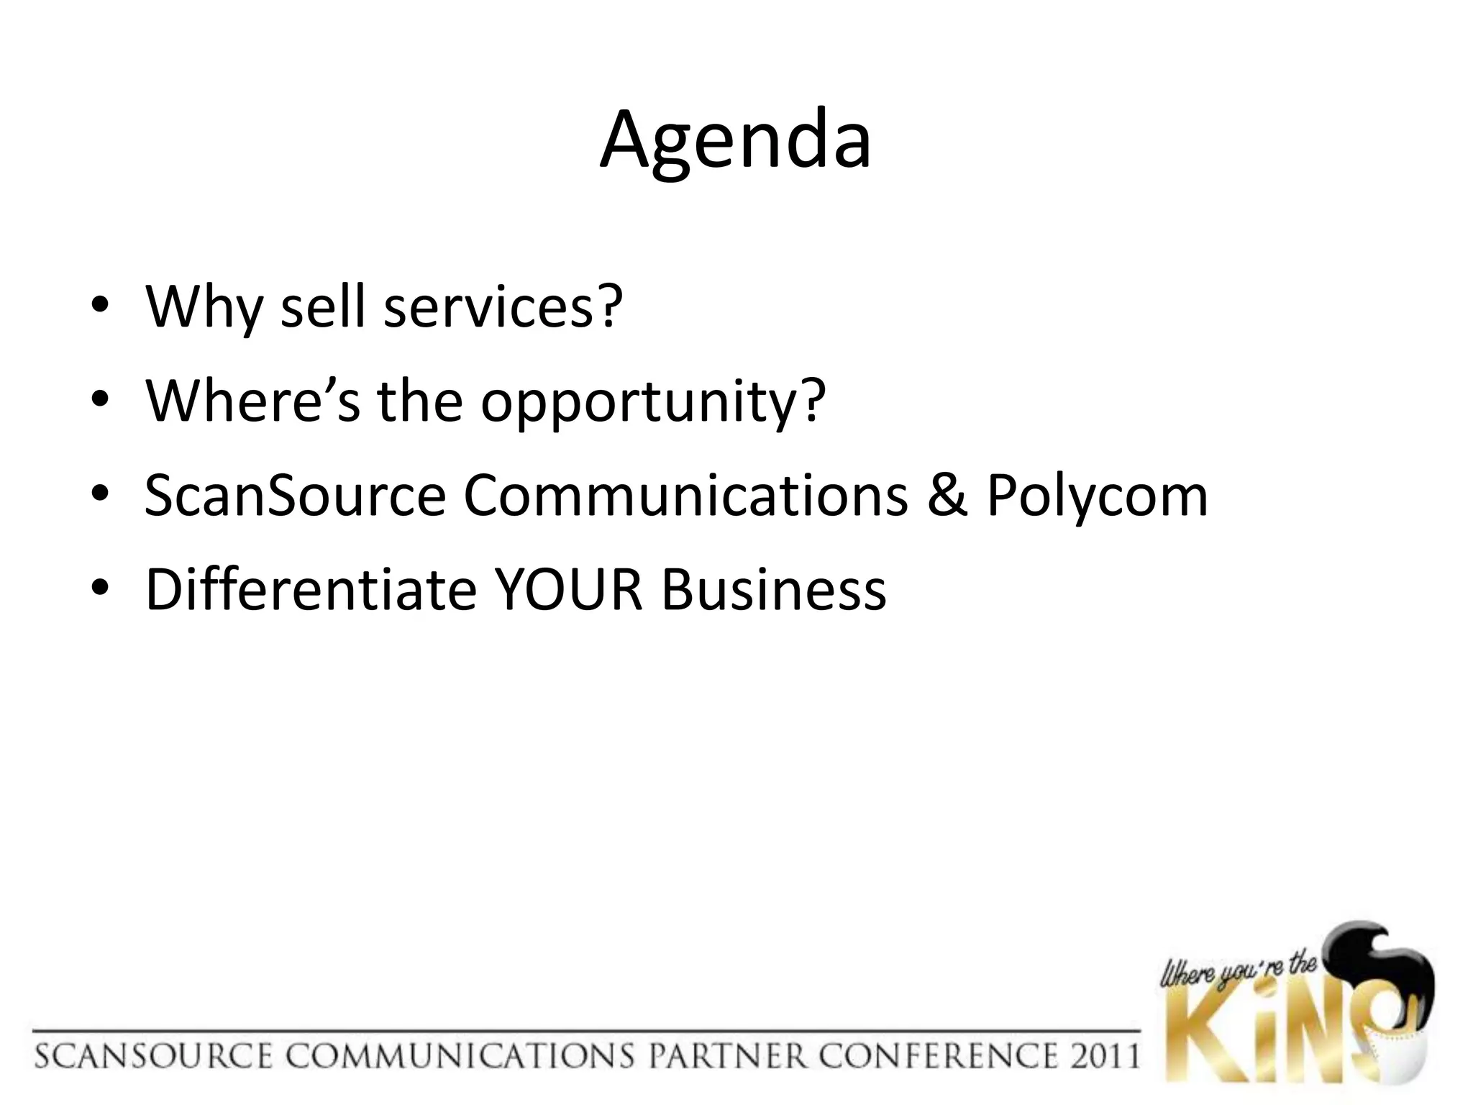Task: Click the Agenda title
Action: point(736,141)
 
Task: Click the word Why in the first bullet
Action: point(204,307)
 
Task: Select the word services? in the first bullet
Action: point(503,307)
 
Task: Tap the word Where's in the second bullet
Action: point(252,401)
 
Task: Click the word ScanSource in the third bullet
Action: point(295,496)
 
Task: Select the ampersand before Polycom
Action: point(947,496)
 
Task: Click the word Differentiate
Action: point(311,590)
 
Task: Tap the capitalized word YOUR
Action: point(569,590)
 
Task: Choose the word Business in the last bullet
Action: point(774,590)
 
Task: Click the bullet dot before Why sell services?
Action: point(100,307)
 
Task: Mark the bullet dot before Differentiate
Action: point(100,590)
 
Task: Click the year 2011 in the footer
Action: point(1101,1056)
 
